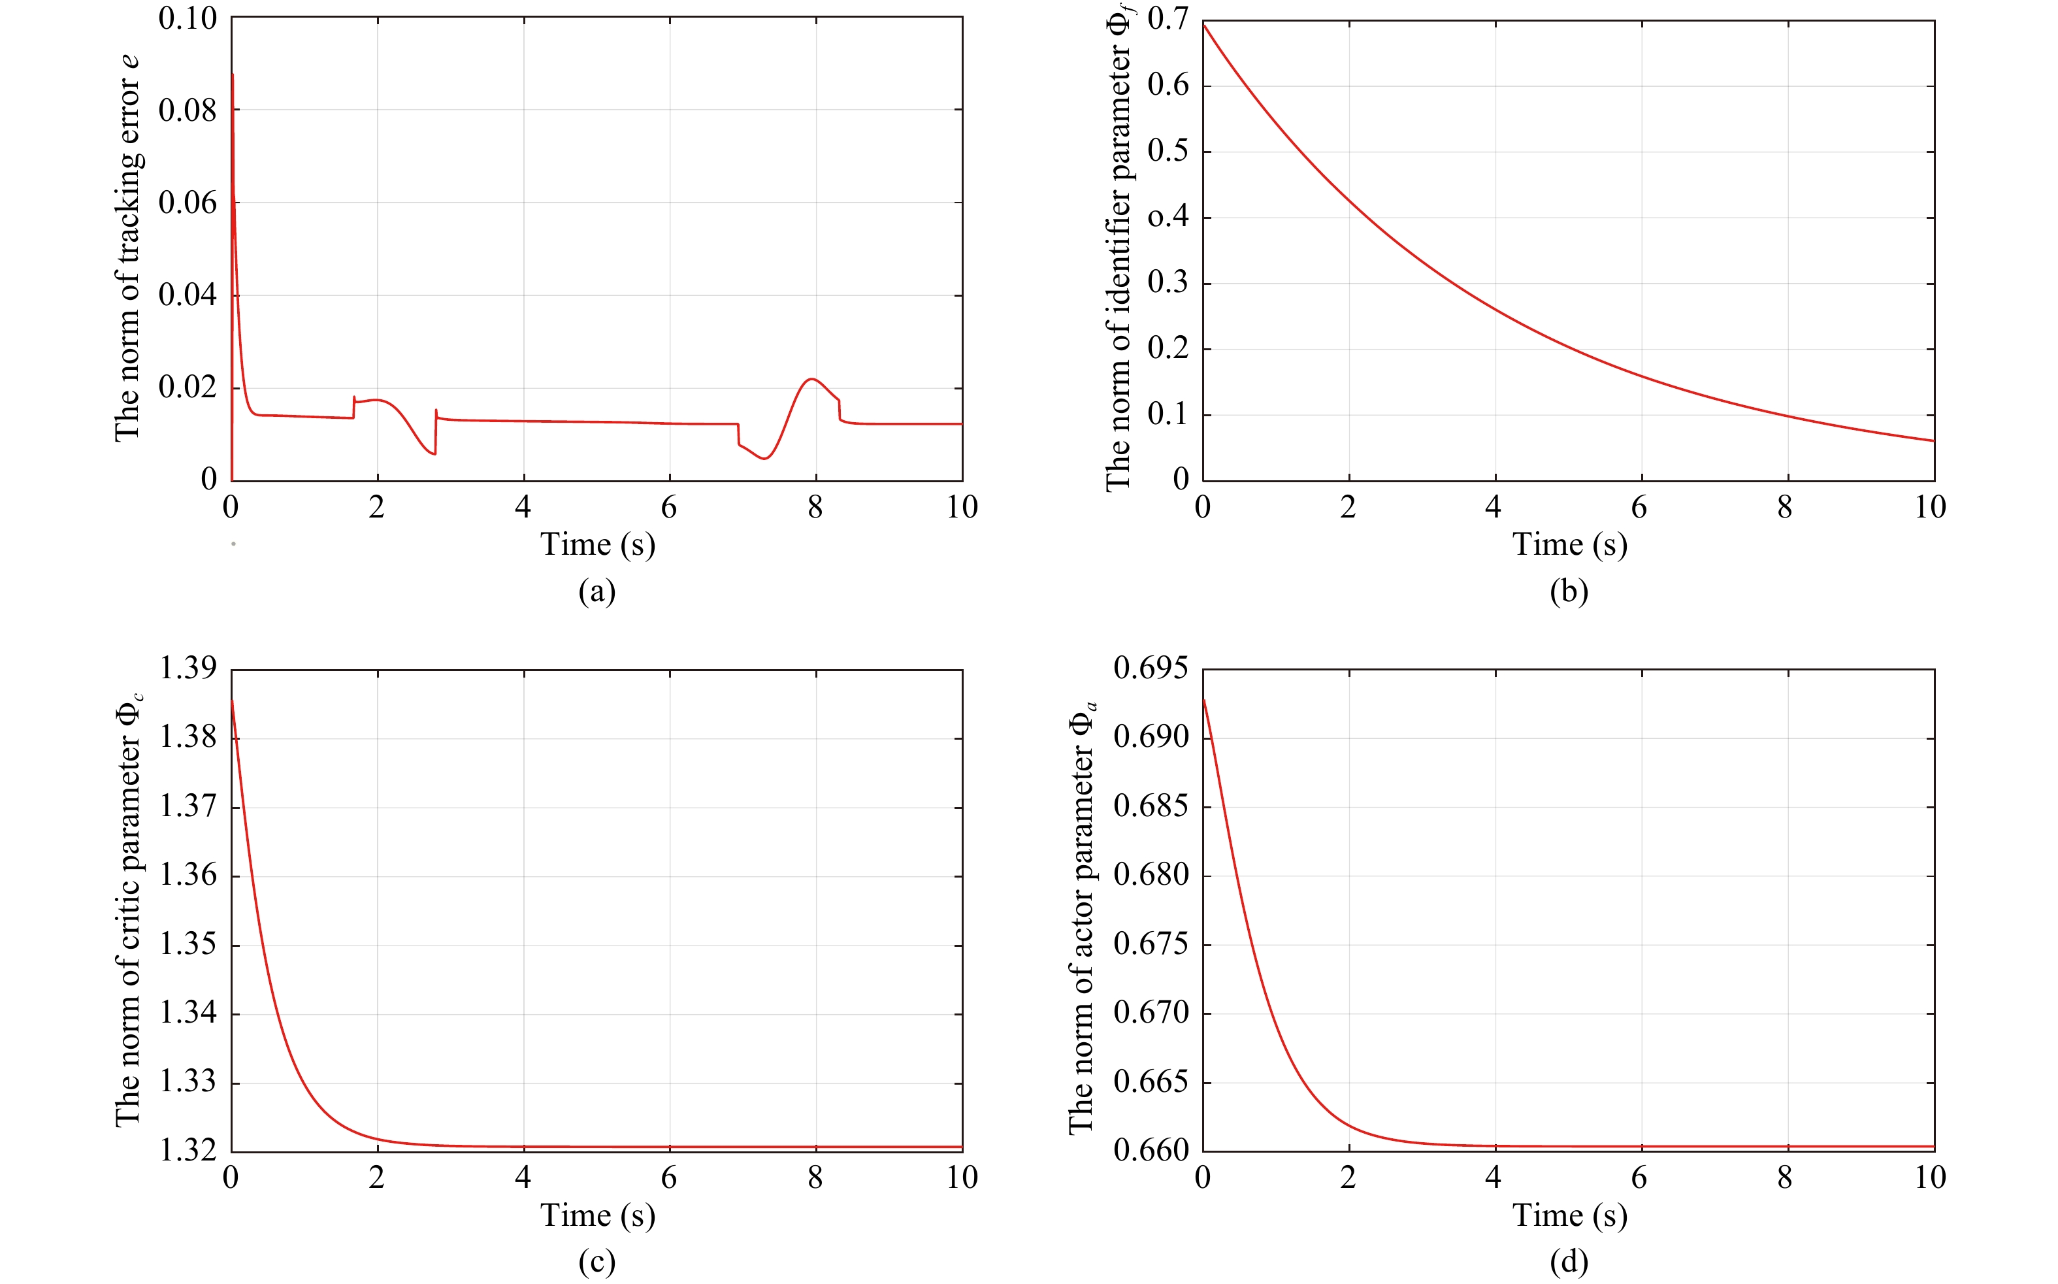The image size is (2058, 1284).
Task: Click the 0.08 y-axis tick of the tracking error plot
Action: [187, 110]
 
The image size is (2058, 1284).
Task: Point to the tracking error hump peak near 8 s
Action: [813, 379]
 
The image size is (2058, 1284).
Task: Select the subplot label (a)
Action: [597, 591]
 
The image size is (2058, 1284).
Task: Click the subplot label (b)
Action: [1569, 591]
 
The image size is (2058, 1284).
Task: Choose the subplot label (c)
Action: [597, 1262]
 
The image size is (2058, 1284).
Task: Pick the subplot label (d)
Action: [1569, 1262]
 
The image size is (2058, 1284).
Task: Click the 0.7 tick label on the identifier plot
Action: [1168, 19]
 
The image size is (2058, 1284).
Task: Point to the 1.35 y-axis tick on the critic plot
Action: [188, 944]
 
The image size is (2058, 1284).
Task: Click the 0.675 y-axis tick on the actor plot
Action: [1151, 944]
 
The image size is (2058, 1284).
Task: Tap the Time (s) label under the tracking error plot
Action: [598, 544]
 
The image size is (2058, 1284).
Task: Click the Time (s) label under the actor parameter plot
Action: [1570, 1215]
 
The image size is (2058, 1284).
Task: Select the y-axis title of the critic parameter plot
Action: [129, 910]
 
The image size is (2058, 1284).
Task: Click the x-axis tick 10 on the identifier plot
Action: [1930, 508]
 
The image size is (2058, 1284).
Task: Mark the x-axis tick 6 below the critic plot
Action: [669, 1178]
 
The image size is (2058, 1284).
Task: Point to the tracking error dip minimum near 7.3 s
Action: [765, 459]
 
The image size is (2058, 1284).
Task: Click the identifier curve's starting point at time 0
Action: [1204, 24]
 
